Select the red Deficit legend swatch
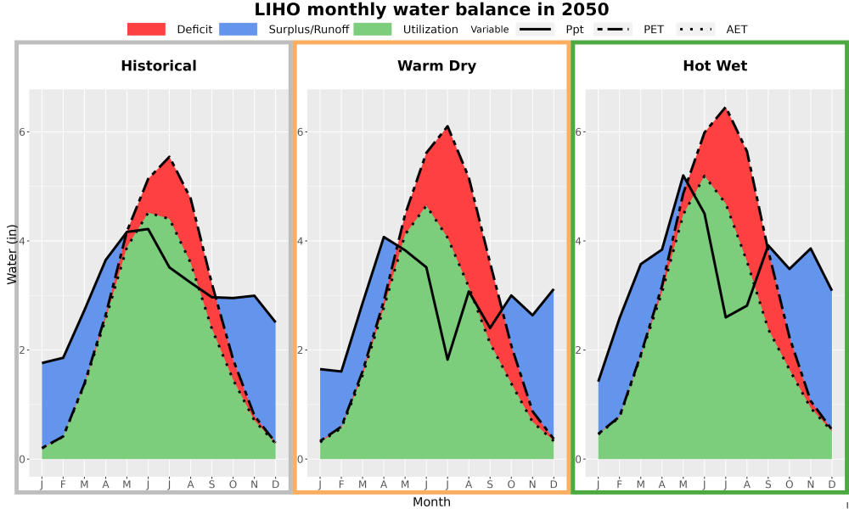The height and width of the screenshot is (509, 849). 146,29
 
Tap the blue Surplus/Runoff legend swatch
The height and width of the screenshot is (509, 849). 239,29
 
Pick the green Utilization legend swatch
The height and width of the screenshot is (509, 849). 373,29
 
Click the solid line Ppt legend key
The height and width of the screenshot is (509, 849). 535,29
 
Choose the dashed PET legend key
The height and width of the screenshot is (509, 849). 613,29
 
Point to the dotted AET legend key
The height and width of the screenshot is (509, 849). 695,29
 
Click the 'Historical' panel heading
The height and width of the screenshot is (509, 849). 159,66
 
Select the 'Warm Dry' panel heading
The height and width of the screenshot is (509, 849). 437,66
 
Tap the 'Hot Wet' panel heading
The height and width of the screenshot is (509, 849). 715,66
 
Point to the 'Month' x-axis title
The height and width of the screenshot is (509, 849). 431,502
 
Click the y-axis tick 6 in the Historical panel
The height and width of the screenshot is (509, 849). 22,132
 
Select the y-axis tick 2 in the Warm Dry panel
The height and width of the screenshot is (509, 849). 301,350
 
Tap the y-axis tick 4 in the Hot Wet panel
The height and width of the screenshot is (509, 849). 579,241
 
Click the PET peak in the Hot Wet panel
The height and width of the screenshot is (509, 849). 725,108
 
